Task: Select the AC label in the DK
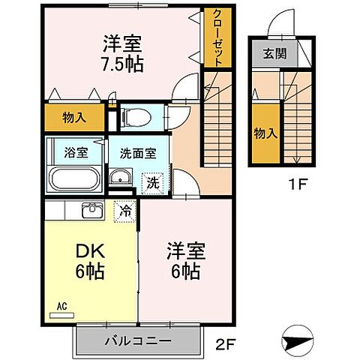(62, 306)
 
